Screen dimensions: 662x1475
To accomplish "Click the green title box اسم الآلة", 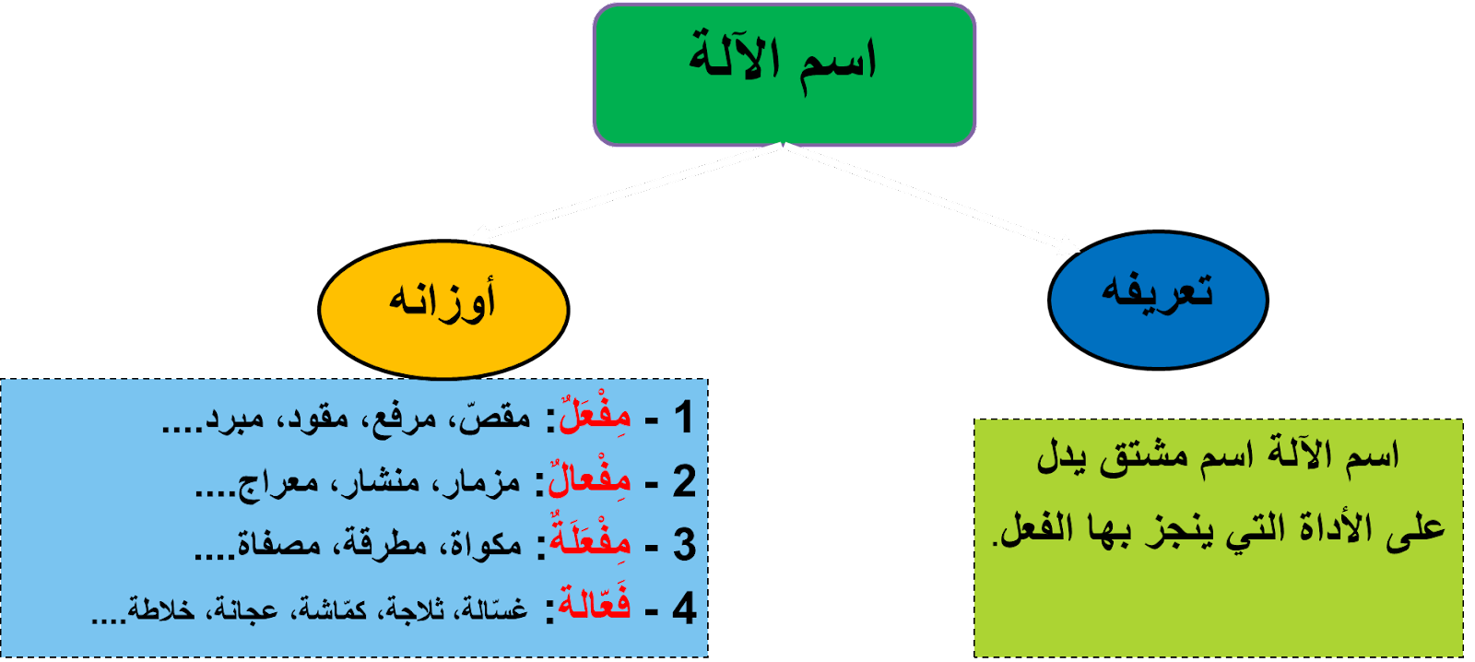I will [784, 74].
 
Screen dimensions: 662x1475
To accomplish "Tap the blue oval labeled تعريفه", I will [1158, 299].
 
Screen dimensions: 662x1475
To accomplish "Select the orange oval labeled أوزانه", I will [443, 310].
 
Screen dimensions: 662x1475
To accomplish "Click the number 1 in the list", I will [683, 418].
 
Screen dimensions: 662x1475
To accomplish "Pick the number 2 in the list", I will [683, 481].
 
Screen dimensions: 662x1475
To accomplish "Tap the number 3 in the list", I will [683, 544].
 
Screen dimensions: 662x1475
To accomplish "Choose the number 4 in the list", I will [683, 608].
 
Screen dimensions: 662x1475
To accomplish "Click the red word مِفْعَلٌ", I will [596, 416].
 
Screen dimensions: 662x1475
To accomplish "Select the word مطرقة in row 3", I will [385, 545].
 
